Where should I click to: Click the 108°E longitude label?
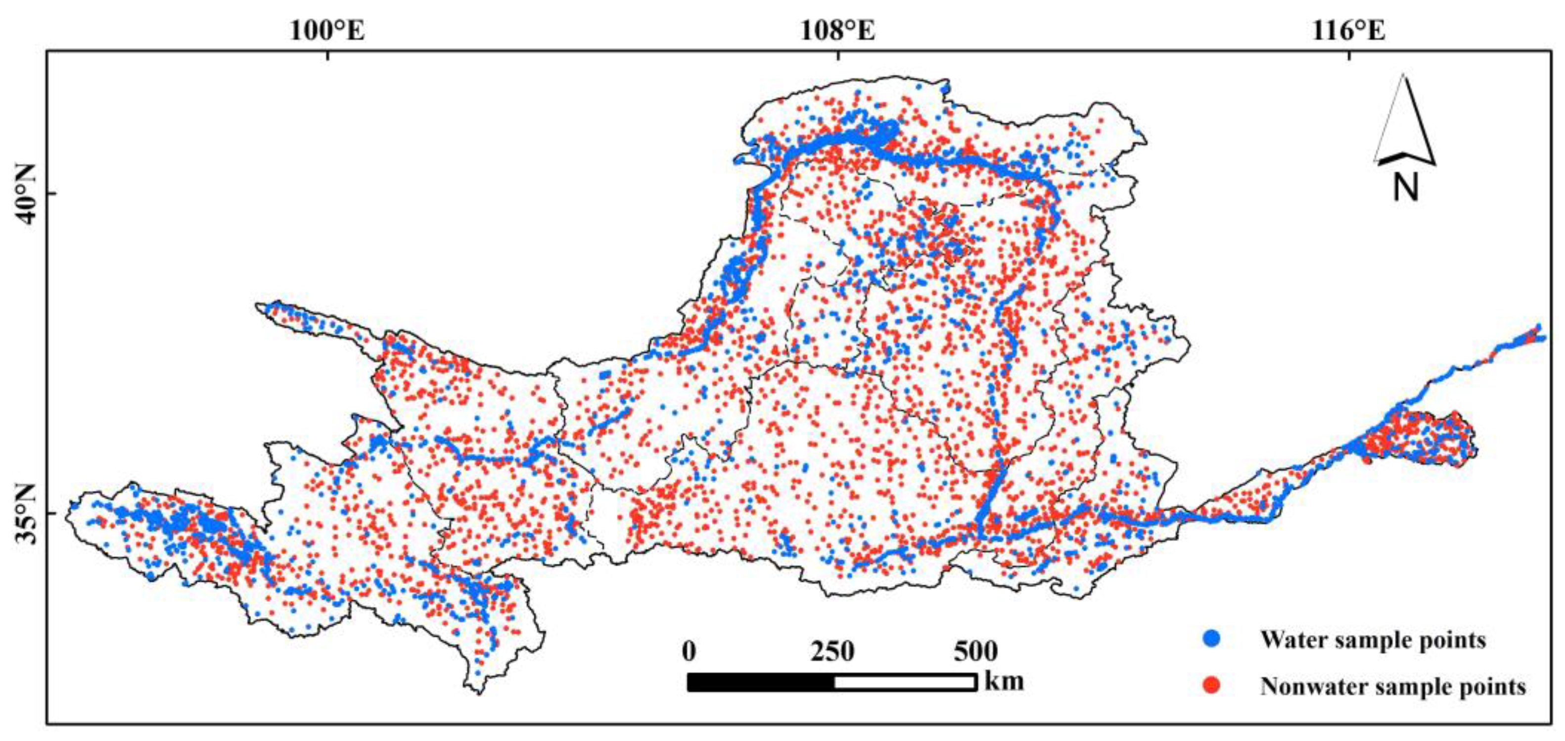click(x=838, y=30)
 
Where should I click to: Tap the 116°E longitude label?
click(x=1348, y=30)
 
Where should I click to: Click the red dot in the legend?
click(x=1211, y=686)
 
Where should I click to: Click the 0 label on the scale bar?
click(x=689, y=651)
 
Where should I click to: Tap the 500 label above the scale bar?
click(x=975, y=651)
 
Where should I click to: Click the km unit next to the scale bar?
click(x=1004, y=680)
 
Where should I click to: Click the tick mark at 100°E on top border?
click(x=328, y=55)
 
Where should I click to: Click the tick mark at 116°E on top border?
click(x=1349, y=55)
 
